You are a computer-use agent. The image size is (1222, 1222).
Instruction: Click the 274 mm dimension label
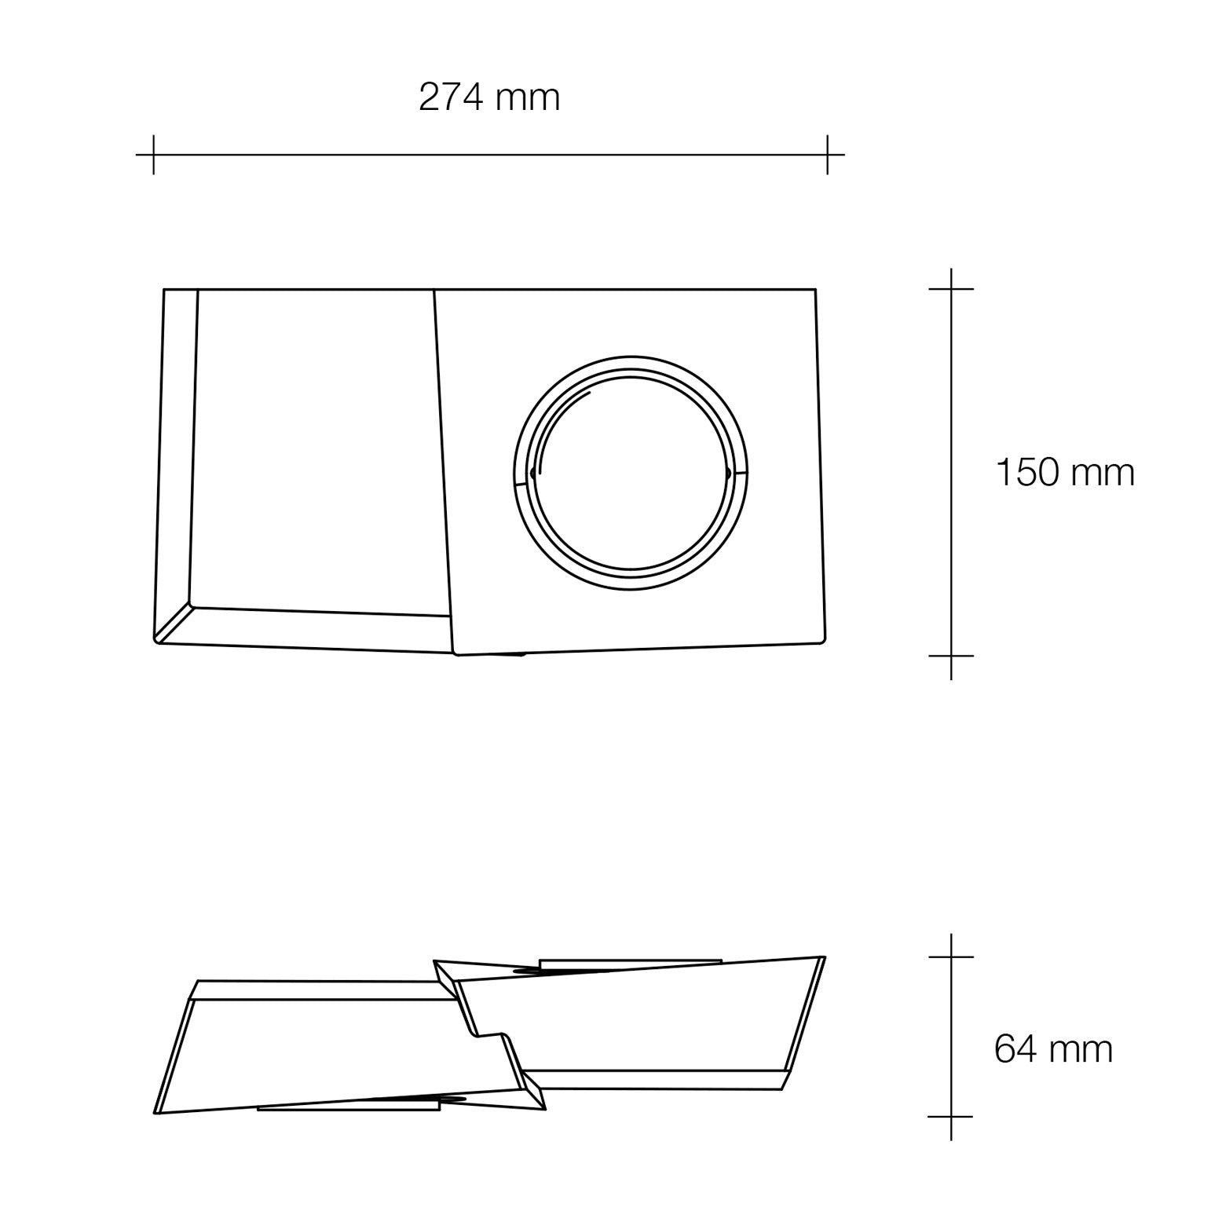[x=489, y=98]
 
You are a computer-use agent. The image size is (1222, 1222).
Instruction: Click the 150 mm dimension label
[x=1065, y=473]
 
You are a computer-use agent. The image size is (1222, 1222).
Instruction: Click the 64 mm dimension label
[x=1053, y=1048]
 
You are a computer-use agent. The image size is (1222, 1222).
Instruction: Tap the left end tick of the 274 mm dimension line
[x=153, y=155]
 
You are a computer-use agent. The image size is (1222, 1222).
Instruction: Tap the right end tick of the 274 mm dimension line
[x=827, y=155]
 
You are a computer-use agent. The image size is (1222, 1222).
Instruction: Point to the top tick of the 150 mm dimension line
[x=951, y=289]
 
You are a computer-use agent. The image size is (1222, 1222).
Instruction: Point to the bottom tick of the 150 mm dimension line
[x=951, y=656]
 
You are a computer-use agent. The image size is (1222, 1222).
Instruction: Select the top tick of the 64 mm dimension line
[x=951, y=957]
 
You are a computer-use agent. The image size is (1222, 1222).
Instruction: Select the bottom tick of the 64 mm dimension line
[x=951, y=1116]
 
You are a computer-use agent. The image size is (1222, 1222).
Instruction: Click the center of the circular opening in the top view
[x=630, y=472]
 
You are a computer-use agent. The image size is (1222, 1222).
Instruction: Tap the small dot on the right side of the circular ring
[x=728, y=473]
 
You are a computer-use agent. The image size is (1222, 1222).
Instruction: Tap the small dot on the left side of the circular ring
[x=533, y=473]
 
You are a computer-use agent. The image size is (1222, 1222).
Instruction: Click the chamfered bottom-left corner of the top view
[x=174, y=624]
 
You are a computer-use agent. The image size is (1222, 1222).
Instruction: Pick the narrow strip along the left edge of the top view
[x=177, y=456]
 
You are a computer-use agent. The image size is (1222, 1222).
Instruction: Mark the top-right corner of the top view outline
[x=815, y=290]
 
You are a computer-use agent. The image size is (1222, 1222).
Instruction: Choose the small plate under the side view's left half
[x=348, y=1107]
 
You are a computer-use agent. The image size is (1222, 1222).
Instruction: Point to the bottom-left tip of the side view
[x=156, y=1113]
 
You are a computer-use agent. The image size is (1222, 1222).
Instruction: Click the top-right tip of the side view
[x=823, y=957]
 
